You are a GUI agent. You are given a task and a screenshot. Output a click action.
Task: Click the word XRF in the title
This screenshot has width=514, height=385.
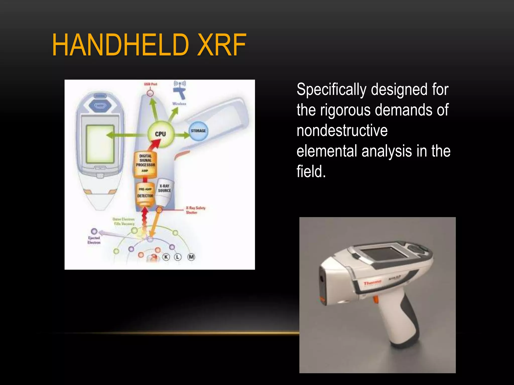point(221,45)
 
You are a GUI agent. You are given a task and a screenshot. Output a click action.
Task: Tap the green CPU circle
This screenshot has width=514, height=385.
point(160,134)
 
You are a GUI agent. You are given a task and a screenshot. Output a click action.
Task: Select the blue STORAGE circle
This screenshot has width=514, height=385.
point(198,131)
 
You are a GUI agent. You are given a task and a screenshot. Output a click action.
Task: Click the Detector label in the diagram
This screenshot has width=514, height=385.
point(145,196)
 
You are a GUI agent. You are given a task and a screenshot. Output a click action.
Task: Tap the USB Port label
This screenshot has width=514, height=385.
point(151,84)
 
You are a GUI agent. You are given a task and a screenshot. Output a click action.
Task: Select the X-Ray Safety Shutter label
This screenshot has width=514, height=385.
point(195,210)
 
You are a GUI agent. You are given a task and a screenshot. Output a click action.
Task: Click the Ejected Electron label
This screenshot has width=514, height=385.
point(94,240)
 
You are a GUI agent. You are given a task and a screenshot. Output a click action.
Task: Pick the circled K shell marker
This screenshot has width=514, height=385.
point(166,257)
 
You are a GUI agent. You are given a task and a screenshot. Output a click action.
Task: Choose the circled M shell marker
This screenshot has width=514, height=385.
point(191,257)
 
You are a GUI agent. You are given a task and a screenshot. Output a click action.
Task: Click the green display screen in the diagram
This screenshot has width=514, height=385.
point(100,144)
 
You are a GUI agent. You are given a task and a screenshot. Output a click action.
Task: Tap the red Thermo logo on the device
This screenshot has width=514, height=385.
point(372,283)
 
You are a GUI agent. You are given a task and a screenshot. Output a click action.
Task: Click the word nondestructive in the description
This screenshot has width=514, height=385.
point(342,131)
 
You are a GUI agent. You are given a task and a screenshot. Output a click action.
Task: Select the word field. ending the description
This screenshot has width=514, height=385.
point(311,172)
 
